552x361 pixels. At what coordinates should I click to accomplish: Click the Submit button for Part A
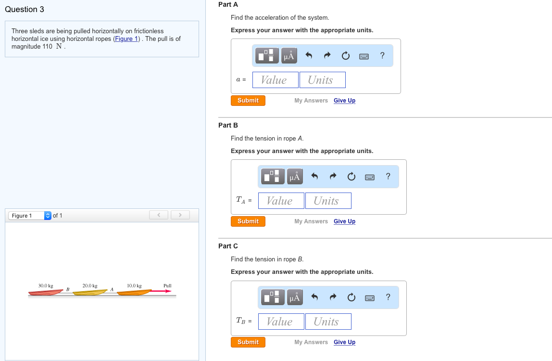248,101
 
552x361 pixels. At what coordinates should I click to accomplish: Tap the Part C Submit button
248,342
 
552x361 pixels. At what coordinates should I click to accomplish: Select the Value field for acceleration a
275,80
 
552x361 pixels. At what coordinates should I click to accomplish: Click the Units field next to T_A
328,201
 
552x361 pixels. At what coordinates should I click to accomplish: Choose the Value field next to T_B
281,322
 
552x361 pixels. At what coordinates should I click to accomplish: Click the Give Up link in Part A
344,101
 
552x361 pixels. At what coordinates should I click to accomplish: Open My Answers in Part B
311,221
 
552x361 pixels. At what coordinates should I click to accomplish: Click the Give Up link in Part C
344,342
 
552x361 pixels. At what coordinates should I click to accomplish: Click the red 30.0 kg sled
46,292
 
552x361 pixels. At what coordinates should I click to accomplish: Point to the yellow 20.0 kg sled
90,292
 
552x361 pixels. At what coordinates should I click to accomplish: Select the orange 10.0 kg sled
134,292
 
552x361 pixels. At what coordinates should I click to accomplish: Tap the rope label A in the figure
112,289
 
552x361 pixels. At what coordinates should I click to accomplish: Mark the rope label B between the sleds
68,289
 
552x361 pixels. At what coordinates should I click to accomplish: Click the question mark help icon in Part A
382,56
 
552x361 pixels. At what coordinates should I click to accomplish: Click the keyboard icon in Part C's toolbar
370,298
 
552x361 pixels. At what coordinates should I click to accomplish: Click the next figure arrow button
180,215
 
